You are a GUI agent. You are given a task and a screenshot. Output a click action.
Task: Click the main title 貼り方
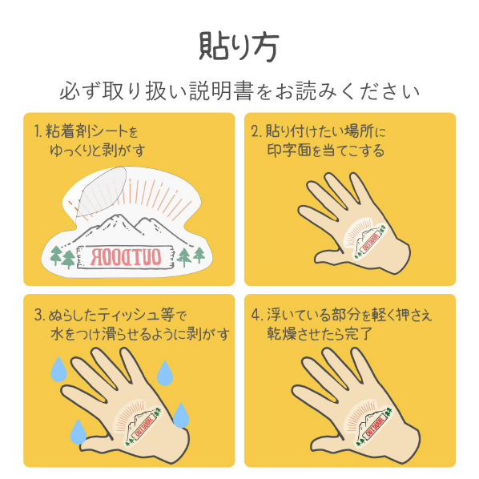239,46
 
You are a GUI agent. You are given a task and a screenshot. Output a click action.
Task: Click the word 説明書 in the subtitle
221,91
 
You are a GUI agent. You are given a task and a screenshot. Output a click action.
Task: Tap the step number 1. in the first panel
38,131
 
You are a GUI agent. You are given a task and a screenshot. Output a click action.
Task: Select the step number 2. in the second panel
256,131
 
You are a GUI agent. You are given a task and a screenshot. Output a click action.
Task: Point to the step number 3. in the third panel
40,316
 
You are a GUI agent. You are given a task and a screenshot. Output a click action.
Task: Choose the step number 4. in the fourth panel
257,315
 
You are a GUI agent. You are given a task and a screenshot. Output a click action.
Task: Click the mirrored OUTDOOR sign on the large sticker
125,257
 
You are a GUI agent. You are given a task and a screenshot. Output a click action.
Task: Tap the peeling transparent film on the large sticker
101,191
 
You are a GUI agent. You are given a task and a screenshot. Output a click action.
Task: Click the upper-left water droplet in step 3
58,368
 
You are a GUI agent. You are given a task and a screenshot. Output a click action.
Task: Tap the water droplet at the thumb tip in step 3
78,432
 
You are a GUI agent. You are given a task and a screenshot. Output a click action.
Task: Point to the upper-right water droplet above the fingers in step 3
165,372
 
